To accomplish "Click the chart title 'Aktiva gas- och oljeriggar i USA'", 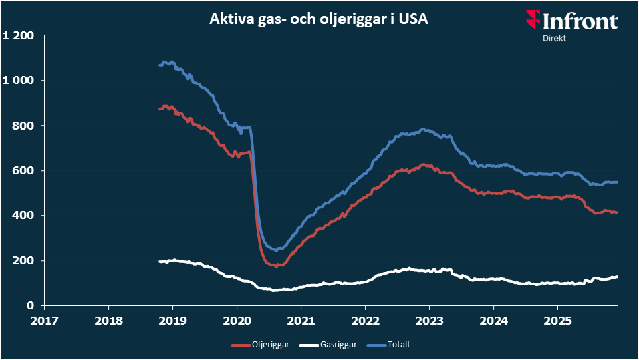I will (319, 19).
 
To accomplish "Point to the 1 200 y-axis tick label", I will (19, 35).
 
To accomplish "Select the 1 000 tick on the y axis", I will (19, 80).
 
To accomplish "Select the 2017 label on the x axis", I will (45, 319).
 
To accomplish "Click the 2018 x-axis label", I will (109, 319).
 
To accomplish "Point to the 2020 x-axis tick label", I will (237, 319).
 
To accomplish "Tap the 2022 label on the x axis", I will (365, 319).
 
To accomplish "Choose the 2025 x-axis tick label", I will (557, 319).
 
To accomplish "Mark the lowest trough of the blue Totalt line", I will (276, 250).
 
